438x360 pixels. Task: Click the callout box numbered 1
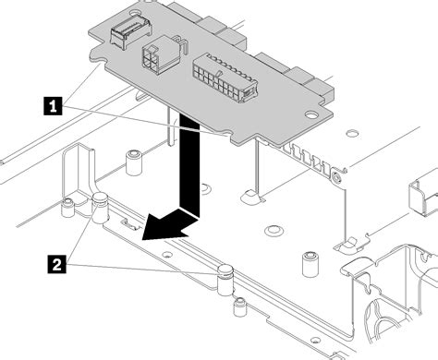click(x=55, y=106)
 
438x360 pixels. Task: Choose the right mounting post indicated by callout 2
click(x=223, y=275)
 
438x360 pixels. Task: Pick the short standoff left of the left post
click(x=67, y=209)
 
